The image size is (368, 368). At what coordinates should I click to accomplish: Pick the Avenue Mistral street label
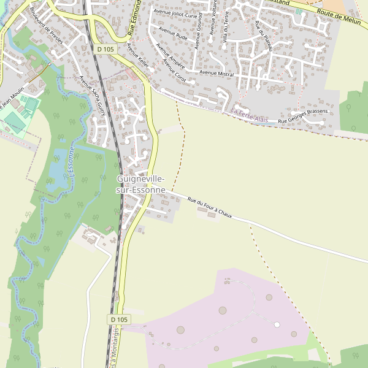pos(217,73)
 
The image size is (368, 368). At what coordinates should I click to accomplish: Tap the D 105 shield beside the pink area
pos(120,320)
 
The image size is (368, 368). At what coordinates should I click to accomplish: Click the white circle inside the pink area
pos(277,324)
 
